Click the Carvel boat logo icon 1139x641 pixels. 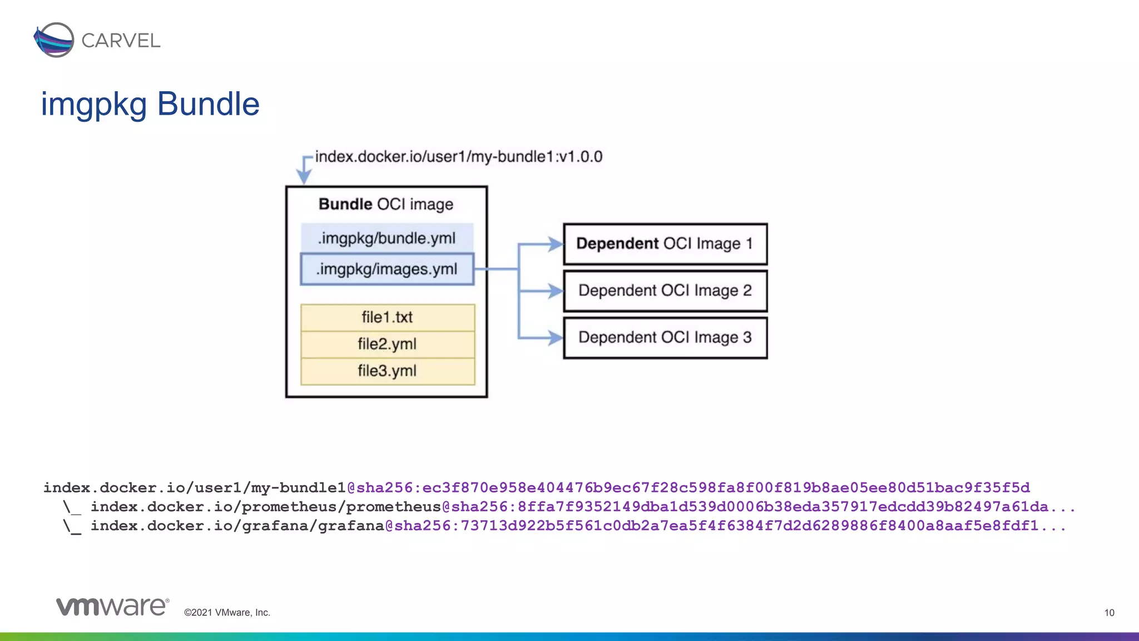tap(54, 40)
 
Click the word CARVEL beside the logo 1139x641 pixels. tap(121, 41)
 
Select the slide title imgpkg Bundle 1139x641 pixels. tap(150, 104)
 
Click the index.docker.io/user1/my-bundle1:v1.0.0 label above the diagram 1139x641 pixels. tap(458, 157)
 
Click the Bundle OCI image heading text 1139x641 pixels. tap(386, 204)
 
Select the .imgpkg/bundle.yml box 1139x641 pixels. tap(387, 238)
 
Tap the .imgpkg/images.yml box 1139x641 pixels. tap(387, 269)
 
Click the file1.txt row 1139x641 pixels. tap(387, 317)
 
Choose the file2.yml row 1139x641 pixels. tap(387, 344)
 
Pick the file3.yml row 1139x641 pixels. tap(387, 371)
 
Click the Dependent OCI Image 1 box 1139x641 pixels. tap(665, 244)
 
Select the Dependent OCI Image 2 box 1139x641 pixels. tap(665, 290)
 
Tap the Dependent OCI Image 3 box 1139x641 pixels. tap(665, 337)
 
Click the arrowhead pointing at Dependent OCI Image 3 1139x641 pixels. tap(554, 337)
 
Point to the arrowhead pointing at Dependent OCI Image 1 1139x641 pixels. tap(554, 244)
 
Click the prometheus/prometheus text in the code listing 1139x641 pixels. tap(341, 507)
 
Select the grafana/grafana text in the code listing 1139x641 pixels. tap(313, 526)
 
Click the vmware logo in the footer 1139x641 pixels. tap(112, 607)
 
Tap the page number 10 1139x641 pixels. tap(1109, 613)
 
